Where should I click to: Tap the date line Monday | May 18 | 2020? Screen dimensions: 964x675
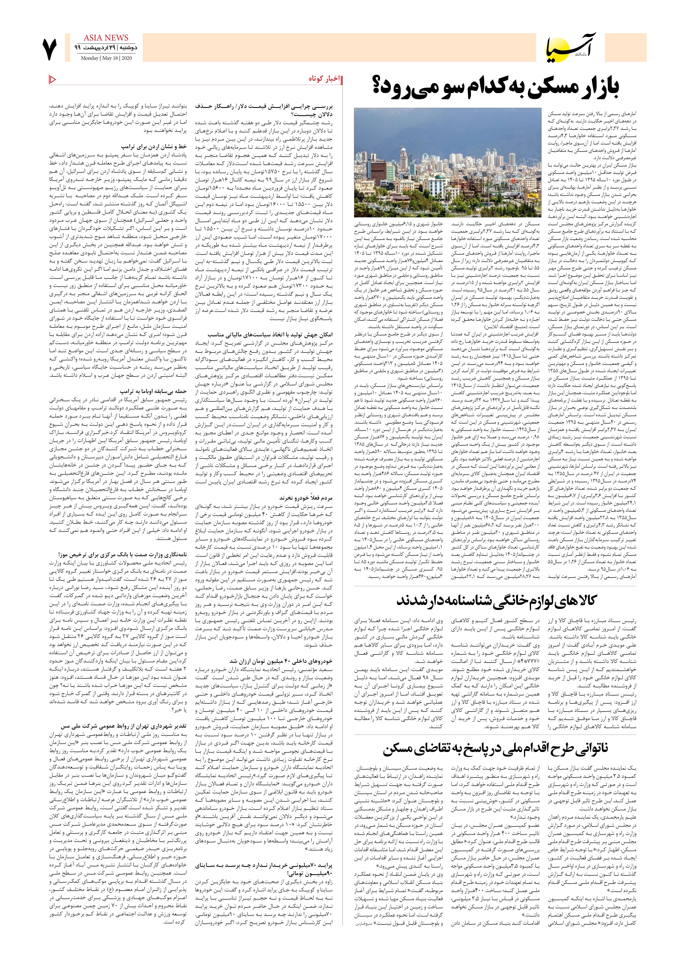coord(106,58)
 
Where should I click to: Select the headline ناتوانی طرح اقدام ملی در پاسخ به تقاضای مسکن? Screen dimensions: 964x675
coord(496,749)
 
